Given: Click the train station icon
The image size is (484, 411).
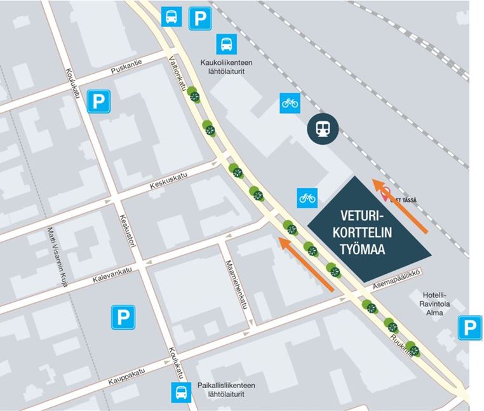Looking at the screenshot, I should point(323,129).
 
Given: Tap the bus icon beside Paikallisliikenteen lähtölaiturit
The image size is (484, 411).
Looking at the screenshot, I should point(181,393).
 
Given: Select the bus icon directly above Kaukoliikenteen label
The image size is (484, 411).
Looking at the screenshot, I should point(227,44).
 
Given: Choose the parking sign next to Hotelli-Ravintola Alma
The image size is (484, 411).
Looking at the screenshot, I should point(469,328).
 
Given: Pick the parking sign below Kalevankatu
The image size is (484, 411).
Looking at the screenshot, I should point(123,316).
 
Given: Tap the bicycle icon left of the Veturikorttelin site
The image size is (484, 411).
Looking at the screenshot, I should point(307,198).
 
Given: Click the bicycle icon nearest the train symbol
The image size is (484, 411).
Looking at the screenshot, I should point(290,103).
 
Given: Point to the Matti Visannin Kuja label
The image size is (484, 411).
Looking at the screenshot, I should point(57,257).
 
